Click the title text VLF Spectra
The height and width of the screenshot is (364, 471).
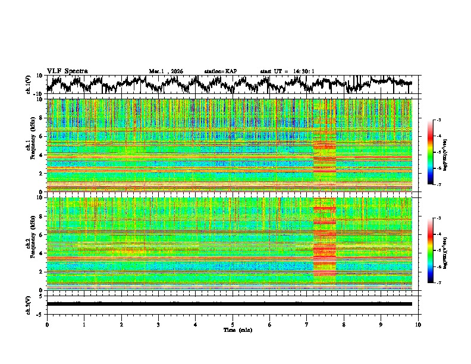coord(67,71)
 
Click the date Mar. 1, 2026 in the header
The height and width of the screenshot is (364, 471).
coord(166,71)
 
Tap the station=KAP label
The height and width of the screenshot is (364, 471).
coord(220,71)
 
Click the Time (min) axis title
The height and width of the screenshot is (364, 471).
coord(233,330)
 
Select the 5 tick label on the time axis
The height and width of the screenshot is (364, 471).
coord(233,324)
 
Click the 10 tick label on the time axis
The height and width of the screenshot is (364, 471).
coord(419,324)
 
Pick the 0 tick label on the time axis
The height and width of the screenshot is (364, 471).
coord(47,324)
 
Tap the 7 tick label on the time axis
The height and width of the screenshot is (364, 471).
coord(307,324)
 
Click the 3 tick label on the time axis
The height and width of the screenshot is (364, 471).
coord(158,324)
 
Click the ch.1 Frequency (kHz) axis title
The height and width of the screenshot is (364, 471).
coord(30,143)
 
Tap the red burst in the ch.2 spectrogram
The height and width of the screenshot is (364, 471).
coord(325,244)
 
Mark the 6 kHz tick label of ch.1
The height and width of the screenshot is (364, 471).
coord(42,136)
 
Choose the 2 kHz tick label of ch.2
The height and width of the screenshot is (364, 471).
coord(42,272)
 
